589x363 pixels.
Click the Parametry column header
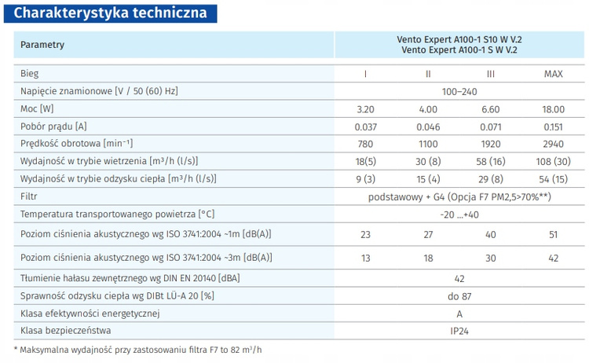(x=42, y=46)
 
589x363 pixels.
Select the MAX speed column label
(x=553, y=74)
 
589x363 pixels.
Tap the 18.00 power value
(x=553, y=108)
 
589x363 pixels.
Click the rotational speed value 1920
(x=490, y=144)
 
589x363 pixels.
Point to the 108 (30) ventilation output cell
(x=553, y=161)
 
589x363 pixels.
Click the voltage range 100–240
(x=459, y=91)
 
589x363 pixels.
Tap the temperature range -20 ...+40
(x=459, y=214)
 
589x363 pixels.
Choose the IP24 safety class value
(x=459, y=331)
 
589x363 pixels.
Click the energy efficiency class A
(x=459, y=313)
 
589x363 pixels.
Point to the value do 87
(x=459, y=295)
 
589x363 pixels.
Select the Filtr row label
(x=29, y=196)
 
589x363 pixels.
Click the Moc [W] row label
(x=37, y=108)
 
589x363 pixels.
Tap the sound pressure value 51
(x=553, y=234)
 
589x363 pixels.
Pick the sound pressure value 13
(x=365, y=258)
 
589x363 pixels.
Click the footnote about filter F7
(x=138, y=350)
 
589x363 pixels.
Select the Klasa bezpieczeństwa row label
(x=67, y=331)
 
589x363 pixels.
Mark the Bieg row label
(x=29, y=74)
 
